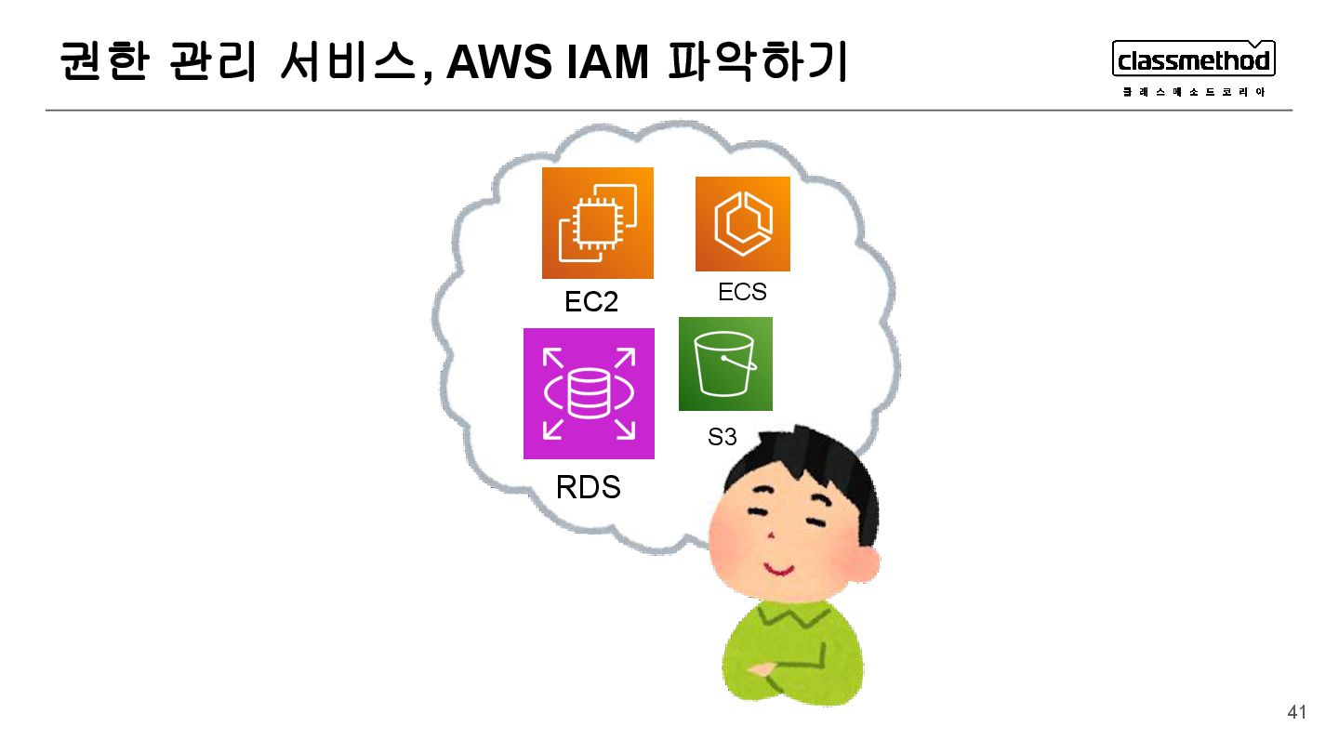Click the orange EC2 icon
click(x=597, y=223)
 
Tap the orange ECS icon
click(x=742, y=224)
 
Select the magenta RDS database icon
click(x=589, y=393)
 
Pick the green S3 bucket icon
click(x=725, y=363)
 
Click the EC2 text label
click(x=590, y=302)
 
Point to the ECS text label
click(x=742, y=292)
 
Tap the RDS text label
click(x=588, y=487)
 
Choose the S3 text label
click(x=722, y=437)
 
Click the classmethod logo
click(x=1194, y=60)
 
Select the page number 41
click(x=1296, y=713)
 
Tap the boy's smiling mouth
click(x=779, y=567)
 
